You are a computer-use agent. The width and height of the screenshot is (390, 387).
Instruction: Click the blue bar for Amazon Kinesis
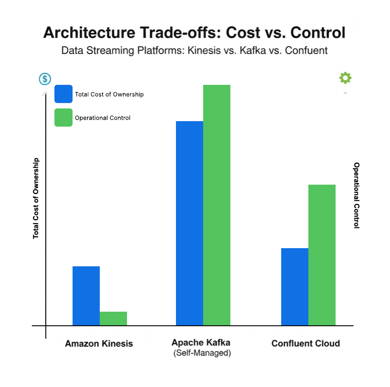pos(86,295)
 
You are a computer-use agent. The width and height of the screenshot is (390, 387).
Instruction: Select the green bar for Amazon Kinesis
pos(113,318)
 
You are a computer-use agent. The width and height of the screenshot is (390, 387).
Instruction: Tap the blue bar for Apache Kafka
pos(190,223)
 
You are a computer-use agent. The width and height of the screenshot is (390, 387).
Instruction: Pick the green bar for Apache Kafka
pos(217,205)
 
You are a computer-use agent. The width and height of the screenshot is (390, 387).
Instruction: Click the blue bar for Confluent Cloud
pos(295,286)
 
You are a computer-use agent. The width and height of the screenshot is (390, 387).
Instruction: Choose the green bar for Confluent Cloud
pos(322,255)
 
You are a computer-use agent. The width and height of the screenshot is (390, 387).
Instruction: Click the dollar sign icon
pos(45,79)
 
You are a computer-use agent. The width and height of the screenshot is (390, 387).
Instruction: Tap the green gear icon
pos(345,78)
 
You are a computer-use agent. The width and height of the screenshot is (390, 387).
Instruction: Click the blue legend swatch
pos(63,94)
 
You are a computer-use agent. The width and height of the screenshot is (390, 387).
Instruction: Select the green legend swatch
pos(63,118)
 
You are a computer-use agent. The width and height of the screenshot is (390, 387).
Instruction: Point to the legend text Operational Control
pos(102,118)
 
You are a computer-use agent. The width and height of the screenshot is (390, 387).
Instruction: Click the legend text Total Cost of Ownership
pos(109,94)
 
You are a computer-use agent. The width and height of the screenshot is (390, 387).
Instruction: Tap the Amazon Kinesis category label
pos(99,343)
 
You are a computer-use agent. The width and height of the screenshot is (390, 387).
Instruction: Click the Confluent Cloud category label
pos(306,343)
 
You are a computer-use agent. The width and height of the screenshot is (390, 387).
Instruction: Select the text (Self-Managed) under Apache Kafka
pos(202,353)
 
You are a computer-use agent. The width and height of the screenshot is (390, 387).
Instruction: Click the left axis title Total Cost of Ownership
pos(36,198)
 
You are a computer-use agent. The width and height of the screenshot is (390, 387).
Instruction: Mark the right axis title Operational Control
pos(356,195)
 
